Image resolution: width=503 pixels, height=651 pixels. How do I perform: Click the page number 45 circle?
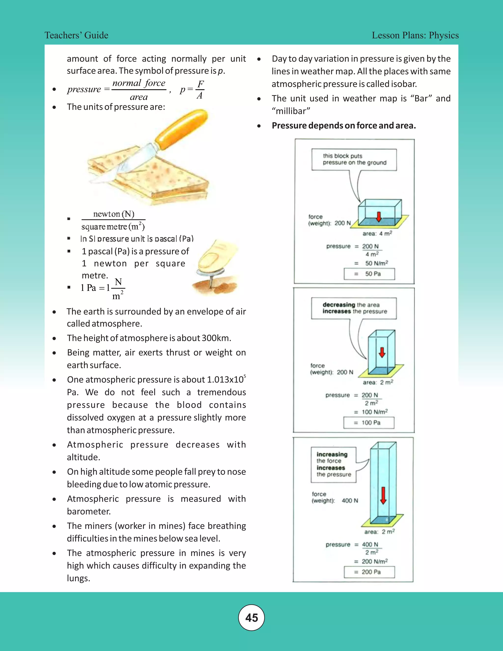point(251,618)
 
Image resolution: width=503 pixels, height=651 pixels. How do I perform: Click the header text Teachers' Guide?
point(76,35)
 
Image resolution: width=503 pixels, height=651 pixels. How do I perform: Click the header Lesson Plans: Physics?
point(415,35)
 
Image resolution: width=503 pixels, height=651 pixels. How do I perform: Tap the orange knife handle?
point(182,128)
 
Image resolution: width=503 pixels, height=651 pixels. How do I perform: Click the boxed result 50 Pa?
point(369,274)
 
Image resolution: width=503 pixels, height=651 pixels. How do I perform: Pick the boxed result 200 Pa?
point(369,572)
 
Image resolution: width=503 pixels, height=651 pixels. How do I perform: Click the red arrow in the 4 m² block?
point(378,217)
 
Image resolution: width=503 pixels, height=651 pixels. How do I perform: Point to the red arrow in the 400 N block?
point(383,496)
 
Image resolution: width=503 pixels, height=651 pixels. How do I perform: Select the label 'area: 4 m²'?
point(377,233)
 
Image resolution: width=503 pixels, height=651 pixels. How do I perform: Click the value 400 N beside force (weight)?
point(349,500)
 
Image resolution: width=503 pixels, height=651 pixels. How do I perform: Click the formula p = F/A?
point(192,89)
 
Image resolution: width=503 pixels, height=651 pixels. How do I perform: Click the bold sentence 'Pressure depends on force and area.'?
point(344,126)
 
